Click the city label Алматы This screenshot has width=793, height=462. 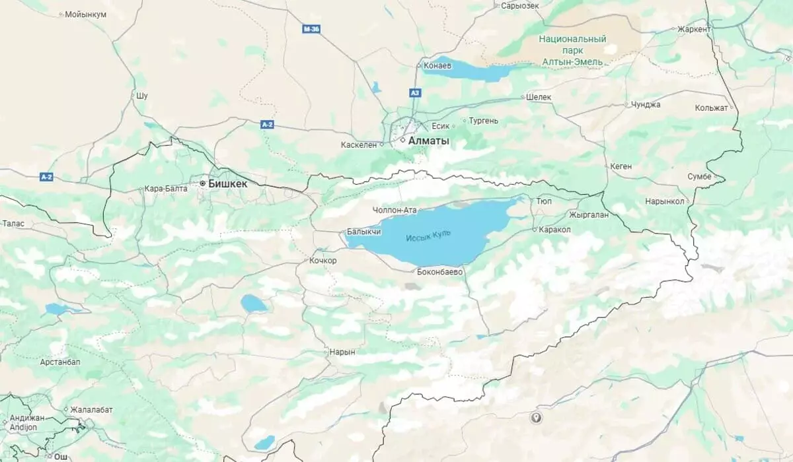(428, 141)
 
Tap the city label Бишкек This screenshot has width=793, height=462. (227, 183)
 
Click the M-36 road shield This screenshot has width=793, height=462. (311, 29)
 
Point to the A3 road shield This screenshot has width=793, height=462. (415, 93)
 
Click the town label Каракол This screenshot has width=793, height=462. (554, 229)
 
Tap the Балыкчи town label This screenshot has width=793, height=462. (364, 232)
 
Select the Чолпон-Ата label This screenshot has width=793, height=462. (395, 210)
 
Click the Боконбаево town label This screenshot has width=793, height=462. (440, 271)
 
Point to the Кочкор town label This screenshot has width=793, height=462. (323, 261)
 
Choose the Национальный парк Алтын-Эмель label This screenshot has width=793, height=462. (572, 50)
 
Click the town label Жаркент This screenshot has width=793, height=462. (695, 29)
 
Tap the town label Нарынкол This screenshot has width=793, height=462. (665, 201)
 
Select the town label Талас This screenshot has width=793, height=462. (13, 224)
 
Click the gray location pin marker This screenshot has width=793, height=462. (536, 417)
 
